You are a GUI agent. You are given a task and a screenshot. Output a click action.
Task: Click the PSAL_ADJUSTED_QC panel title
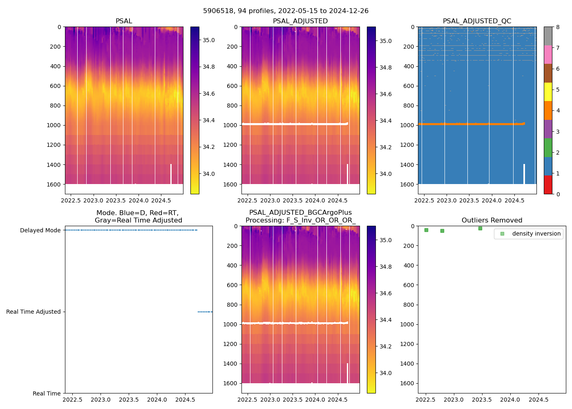(x=477, y=21)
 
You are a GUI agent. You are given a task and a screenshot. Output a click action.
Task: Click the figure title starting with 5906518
(x=286, y=11)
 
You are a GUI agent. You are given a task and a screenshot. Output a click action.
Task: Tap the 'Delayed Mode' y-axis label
(x=40, y=231)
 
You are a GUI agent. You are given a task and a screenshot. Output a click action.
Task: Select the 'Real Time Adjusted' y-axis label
(x=34, y=312)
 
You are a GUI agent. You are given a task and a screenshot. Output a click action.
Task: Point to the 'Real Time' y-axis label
(x=47, y=393)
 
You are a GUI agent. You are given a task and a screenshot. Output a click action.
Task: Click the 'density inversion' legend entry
(x=536, y=234)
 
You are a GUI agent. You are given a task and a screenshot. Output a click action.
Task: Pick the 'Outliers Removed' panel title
(x=492, y=220)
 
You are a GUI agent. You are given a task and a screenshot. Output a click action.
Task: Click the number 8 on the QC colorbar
(x=558, y=27)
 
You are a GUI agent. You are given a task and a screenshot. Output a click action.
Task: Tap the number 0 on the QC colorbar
(x=558, y=194)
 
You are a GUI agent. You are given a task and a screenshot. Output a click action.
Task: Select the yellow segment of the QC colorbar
(x=548, y=92)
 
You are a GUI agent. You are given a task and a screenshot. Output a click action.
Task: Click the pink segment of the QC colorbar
(x=548, y=55)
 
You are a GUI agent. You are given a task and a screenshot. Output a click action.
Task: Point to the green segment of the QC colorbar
(x=548, y=148)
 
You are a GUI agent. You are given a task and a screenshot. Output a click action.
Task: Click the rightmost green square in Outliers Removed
(x=480, y=228)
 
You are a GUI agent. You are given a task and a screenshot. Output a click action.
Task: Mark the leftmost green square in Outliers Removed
(x=426, y=230)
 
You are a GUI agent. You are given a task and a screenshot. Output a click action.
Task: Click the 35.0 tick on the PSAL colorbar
(x=209, y=40)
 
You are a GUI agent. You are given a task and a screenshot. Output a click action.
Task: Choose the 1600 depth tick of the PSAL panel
(x=54, y=184)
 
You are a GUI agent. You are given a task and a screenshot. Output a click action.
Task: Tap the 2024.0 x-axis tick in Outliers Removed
(x=510, y=400)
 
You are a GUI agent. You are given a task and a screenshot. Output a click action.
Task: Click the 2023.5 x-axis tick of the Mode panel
(x=129, y=400)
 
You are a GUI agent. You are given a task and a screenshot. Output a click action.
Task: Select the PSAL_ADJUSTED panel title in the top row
(x=300, y=21)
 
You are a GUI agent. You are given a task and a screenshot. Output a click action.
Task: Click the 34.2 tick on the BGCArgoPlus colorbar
(x=386, y=347)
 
